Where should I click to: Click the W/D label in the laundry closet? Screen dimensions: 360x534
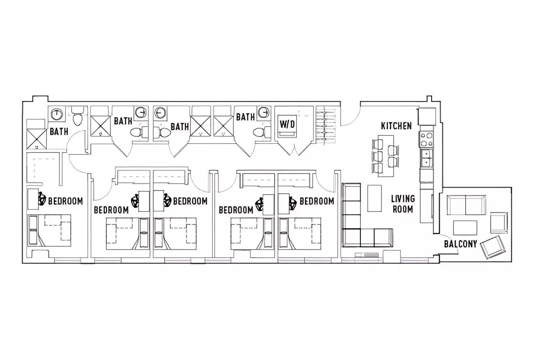pyautogui.click(x=287, y=124)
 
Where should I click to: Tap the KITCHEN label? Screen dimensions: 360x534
pyautogui.click(x=396, y=126)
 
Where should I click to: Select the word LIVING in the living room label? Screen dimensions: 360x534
pyautogui.click(x=403, y=199)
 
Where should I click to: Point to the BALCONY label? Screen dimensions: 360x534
pyautogui.click(x=460, y=244)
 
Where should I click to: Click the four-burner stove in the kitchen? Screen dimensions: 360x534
pyautogui.click(x=426, y=140)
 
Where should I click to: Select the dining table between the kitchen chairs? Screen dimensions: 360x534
pyautogui.click(x=386, y=156)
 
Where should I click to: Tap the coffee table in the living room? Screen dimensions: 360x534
pyautogui.click(x=374, y=198)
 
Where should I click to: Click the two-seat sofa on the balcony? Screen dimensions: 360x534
pyautogui.click(x=466, y=205)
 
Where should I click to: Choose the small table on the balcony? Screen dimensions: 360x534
pyautogui.click(x=465, y=228)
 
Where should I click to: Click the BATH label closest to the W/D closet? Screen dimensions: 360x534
pyautogui.click(x=246, y=117)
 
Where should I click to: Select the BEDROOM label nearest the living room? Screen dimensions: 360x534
pyautogui.click(x=317, y=201)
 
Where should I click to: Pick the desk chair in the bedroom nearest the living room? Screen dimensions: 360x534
pyautogui.click(x=293, y=202)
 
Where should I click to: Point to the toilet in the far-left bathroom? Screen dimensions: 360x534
pyautogui.click(x=77, y=117)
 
